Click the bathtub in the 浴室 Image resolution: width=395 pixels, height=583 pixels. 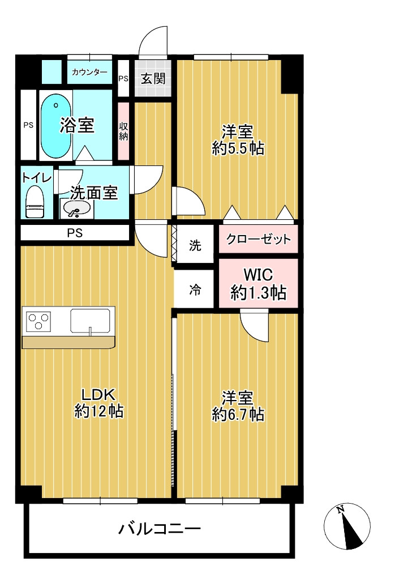point(55,126)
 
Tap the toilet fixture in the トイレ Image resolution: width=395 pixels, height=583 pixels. point(35,201)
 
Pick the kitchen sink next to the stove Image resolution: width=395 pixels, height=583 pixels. point(90,320)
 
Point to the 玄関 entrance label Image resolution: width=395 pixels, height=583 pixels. point(153,78)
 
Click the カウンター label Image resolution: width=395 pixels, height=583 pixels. point(89,72)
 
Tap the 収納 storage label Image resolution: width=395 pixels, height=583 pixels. point(123,131)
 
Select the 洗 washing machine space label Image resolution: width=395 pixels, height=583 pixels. point(195,245)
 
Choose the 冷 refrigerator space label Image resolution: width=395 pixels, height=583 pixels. point(195,290)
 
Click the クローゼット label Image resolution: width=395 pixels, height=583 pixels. point(259,239)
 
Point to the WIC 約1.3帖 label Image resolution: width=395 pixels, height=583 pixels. point(259,284)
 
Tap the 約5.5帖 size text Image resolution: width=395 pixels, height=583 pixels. point(238,148)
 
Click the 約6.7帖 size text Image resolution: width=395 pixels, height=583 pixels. point(238,414)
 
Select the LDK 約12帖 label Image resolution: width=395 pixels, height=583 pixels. point(98,403)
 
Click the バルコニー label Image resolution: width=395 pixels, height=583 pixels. point(159,528)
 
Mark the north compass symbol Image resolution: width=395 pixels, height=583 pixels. point(347,526)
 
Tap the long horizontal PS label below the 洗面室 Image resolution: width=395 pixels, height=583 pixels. point(75,233)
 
